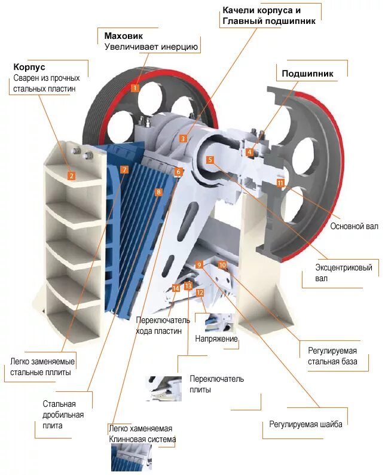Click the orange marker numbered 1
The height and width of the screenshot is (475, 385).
click(x=135, y=88)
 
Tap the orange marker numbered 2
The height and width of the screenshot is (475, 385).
click(x=71, y=176)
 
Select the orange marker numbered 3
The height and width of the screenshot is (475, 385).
click(x=183, y=138)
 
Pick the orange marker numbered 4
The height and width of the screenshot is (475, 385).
click(x=249, y=152)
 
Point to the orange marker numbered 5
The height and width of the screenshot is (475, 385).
click(x=210, y=160)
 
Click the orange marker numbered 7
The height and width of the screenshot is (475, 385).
click(x=124, y=169)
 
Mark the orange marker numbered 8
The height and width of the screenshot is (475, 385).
click(x=158, y=192)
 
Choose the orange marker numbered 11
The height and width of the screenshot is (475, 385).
click(x=280, y=182)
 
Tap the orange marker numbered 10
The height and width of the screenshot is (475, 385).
click(x=222, y=264)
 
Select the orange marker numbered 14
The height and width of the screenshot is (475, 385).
click(x=176, y=288)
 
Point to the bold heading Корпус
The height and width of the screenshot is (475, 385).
click(x=29, y=67)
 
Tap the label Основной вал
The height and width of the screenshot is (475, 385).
click(x=355, y=227)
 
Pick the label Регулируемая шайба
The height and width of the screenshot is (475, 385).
click(x=305, y=425)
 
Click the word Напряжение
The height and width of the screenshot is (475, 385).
click(x=216, y=339)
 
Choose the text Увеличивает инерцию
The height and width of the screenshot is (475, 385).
click(x=151, y=47)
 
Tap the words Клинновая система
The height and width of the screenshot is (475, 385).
click(x=142, y=440)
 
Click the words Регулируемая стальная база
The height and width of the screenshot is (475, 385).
click(x=332, y=356)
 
